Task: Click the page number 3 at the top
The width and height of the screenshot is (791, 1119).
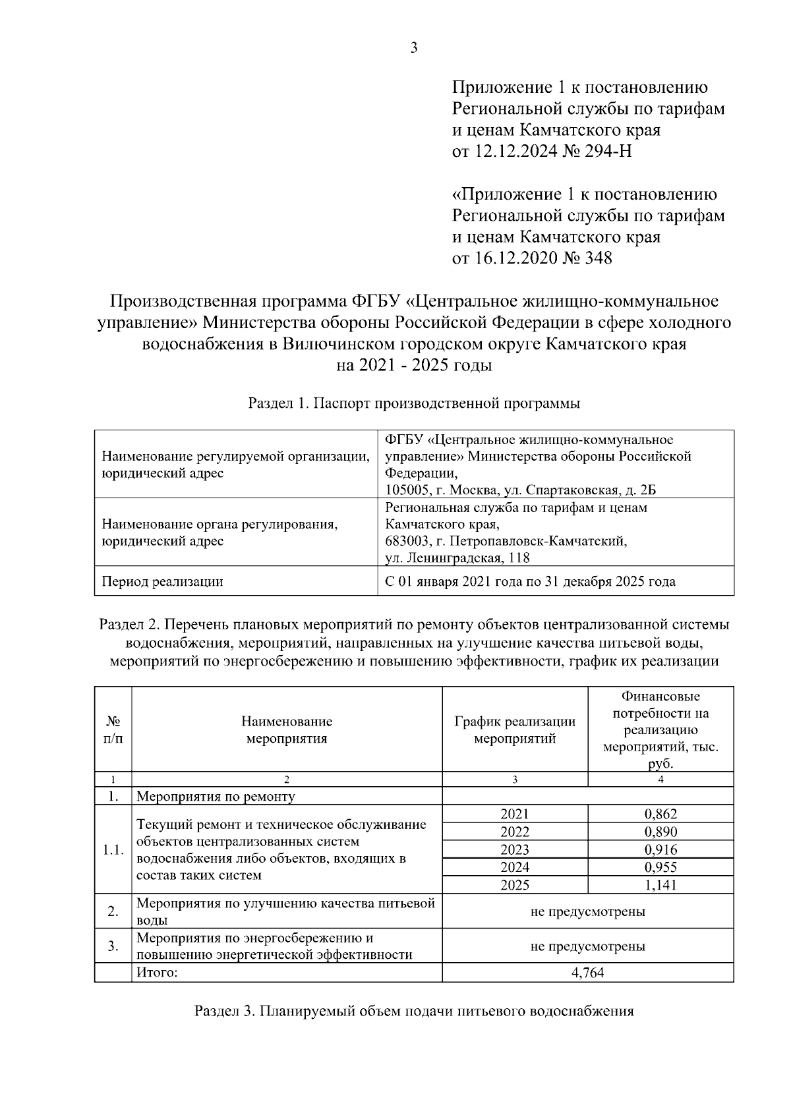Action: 414,47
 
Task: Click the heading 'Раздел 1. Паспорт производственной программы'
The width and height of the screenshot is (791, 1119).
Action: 414,404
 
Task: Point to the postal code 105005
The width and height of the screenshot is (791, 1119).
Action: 406,490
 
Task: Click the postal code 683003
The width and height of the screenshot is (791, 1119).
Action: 406,542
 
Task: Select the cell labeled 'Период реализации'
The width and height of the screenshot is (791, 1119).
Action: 162,581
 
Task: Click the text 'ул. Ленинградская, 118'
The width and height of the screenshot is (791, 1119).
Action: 457,559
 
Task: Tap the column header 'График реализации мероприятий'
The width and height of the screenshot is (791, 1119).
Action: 515,730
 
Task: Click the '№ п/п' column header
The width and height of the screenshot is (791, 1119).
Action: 113,730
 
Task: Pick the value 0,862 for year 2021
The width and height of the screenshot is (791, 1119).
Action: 660,814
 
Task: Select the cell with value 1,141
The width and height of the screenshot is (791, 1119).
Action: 660,885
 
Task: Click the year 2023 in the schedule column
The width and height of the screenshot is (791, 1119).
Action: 515,849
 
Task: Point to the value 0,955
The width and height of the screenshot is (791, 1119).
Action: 660,867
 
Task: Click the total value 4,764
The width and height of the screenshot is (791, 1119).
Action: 588,973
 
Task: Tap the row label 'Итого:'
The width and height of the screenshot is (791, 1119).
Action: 157,973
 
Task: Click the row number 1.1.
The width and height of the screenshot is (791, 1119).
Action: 113,849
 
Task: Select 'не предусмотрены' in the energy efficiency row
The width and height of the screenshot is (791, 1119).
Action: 588,946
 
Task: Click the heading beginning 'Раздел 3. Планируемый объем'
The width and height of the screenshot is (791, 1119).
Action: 414,1011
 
